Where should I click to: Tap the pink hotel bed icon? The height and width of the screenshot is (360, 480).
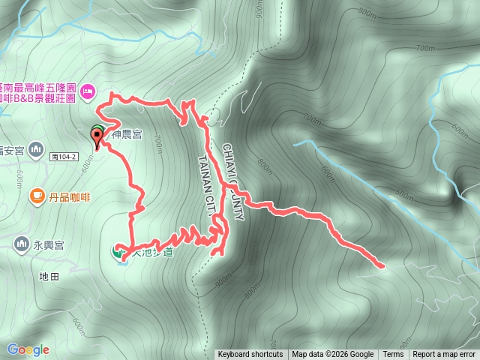point(87,91)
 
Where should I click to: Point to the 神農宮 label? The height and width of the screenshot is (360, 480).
point(127,135)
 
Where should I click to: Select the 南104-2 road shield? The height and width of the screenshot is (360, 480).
point(65,157)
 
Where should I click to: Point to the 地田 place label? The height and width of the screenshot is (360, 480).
point(49,277)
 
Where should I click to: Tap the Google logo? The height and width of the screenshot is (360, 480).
point(28,349)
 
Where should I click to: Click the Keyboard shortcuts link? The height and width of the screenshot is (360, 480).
point(250,355)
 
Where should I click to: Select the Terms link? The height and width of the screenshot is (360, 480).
point(393,355)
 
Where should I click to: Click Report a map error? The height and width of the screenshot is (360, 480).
point(445,355)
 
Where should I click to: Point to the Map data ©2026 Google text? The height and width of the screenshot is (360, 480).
point(333,355)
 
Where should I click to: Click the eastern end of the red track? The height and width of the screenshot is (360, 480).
point(382,265)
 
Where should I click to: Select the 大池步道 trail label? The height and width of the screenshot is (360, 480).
point(152,253)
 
